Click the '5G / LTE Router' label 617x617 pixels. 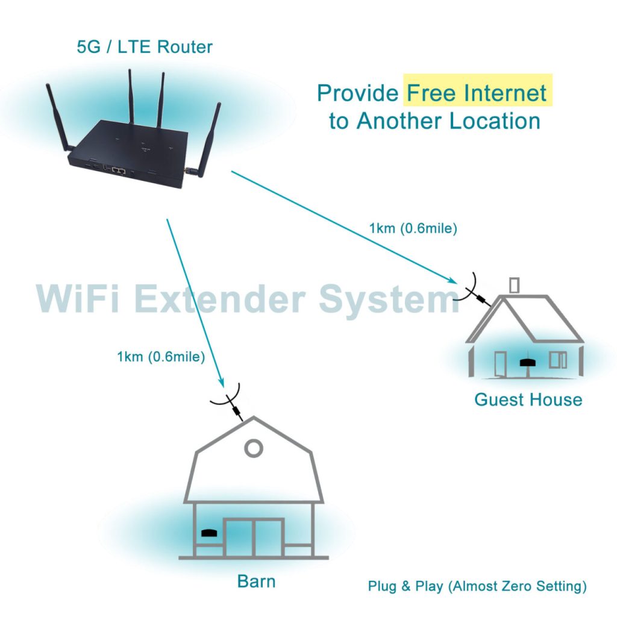(x=145, y=46)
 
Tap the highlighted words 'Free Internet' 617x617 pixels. (x=477, y=93)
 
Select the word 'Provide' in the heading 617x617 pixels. (x=358, y=93)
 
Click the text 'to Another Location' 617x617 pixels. (x=434, y=121)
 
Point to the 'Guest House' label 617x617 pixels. (x=528, y=399)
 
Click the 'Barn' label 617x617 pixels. (x=256, y=581)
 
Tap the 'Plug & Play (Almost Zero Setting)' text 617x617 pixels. (x=477, y=586)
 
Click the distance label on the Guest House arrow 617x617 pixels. (x=413, y=228)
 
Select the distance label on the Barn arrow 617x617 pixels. (x=161, y=357)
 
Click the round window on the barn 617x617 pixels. (x=254, y=448)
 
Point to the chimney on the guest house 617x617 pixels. (x=514, y=284)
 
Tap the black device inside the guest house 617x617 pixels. (x=528, y=362)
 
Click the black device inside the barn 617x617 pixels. (x=208, y=533)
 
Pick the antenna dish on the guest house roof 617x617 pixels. (x=465, y=289)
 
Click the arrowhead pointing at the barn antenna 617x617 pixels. (x=221, y=384)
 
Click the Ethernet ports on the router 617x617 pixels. (x=118, y=171)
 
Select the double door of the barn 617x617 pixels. (x=254, y=537)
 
